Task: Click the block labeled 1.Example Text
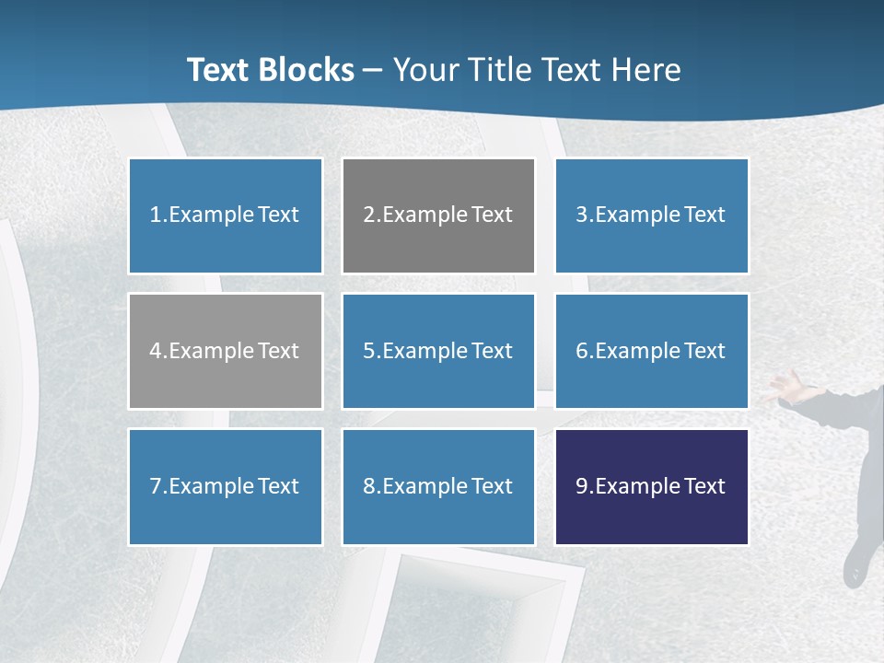(x=226, y=215)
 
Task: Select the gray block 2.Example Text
(x=438, y=215)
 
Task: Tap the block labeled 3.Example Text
(x=651, y=215)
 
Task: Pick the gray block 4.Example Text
(x=226, y=351)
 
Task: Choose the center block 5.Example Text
(x=438, y=351)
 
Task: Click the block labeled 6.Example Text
(x=651, y=351)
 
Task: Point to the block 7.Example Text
(x=226, y=486)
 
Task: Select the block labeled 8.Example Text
(x=438, y=486)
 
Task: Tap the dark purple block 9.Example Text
(x=651, y=486)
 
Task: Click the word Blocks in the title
(x=309, y=70)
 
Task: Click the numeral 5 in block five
(x=368, y=351)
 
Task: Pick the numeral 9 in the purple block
(x=581, y=486)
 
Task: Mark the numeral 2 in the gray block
(x=368, y=215)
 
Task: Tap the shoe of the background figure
(x=855, y=564)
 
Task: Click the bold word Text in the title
(x=220, y=70)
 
